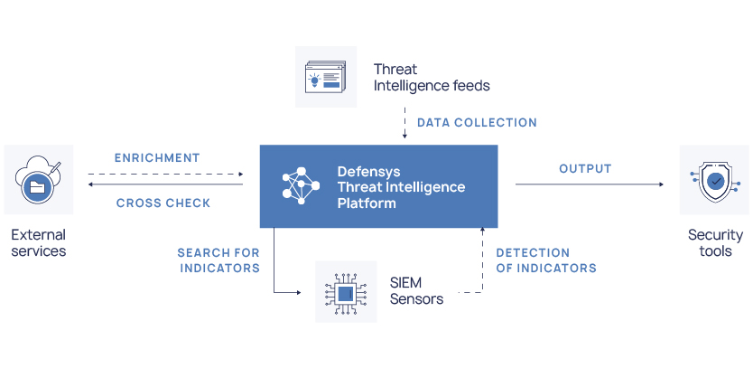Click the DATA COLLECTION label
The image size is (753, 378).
point(477,123)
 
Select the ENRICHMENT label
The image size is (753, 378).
point(157,158)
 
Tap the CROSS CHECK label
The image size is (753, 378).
point(163,203)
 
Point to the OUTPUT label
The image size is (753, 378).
point(585,169)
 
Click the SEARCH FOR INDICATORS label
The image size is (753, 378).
point(218,260)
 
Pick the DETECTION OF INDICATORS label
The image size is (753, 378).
point(546,260)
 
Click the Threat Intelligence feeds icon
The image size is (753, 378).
point(326,77)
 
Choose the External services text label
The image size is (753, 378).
point(39,242)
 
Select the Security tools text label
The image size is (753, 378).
point(715,242)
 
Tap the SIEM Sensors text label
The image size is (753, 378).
point(416,291)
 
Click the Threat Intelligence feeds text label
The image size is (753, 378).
point(432,77)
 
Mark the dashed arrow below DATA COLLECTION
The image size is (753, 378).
point(404,123)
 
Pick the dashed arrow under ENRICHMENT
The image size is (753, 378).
point(165,174)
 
